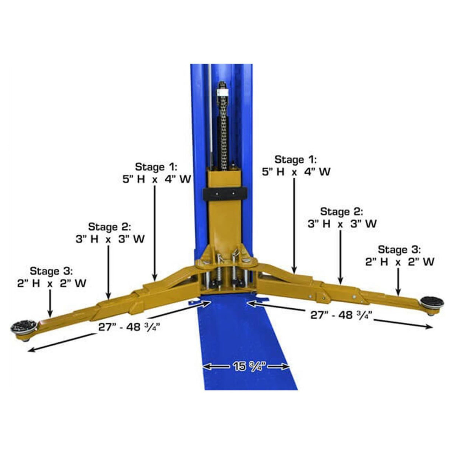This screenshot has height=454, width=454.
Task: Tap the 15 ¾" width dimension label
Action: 246,366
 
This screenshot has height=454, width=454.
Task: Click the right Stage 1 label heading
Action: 295,159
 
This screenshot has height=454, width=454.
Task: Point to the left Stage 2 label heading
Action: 109,227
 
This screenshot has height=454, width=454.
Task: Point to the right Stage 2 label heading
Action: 341,211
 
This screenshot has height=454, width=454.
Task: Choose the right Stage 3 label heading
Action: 399,250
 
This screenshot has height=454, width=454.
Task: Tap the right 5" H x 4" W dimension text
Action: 296,172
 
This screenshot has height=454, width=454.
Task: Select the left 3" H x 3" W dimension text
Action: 110,239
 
